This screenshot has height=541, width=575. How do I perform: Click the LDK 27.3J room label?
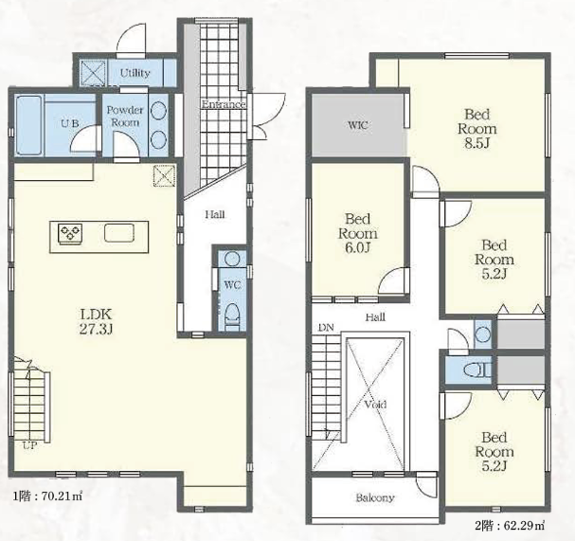[96, 322]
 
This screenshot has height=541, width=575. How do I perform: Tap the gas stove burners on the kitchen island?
[70, 232]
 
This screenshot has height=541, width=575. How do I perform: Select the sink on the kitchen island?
[119, 232]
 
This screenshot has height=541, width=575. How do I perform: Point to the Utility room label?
[135, 73]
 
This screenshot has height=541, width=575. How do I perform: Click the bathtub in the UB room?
[29, 125]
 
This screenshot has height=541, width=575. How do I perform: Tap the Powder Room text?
[125, 116]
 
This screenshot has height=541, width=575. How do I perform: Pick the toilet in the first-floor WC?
[231, 313]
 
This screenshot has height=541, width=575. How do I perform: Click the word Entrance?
[223, 104]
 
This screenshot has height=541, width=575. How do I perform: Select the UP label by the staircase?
[30, 446]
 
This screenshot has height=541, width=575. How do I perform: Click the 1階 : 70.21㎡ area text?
[47, 497]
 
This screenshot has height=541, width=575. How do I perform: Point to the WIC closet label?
[357, 125]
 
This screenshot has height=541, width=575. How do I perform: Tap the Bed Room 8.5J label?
[477, 128]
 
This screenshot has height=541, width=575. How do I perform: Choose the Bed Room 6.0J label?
[357, 233]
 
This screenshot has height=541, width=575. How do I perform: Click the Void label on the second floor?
[375, 405]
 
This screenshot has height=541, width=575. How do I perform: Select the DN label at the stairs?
[326, 328]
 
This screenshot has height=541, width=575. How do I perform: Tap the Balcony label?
[375, 497]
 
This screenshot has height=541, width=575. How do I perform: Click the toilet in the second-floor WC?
[476, 370]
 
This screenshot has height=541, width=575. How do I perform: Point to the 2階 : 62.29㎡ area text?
[510, 526]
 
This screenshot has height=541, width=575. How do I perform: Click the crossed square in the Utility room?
[93, 72]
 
